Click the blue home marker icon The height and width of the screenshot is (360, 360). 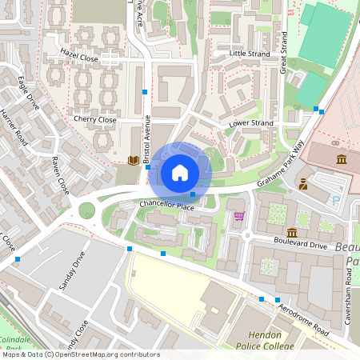[180, 172]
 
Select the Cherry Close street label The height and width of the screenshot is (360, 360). [95, 120]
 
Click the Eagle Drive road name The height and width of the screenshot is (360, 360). [28, 93]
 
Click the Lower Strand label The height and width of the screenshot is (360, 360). [250, 123]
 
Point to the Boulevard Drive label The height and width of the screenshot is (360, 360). [301, 246]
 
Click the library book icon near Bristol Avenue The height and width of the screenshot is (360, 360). [133, 160]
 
